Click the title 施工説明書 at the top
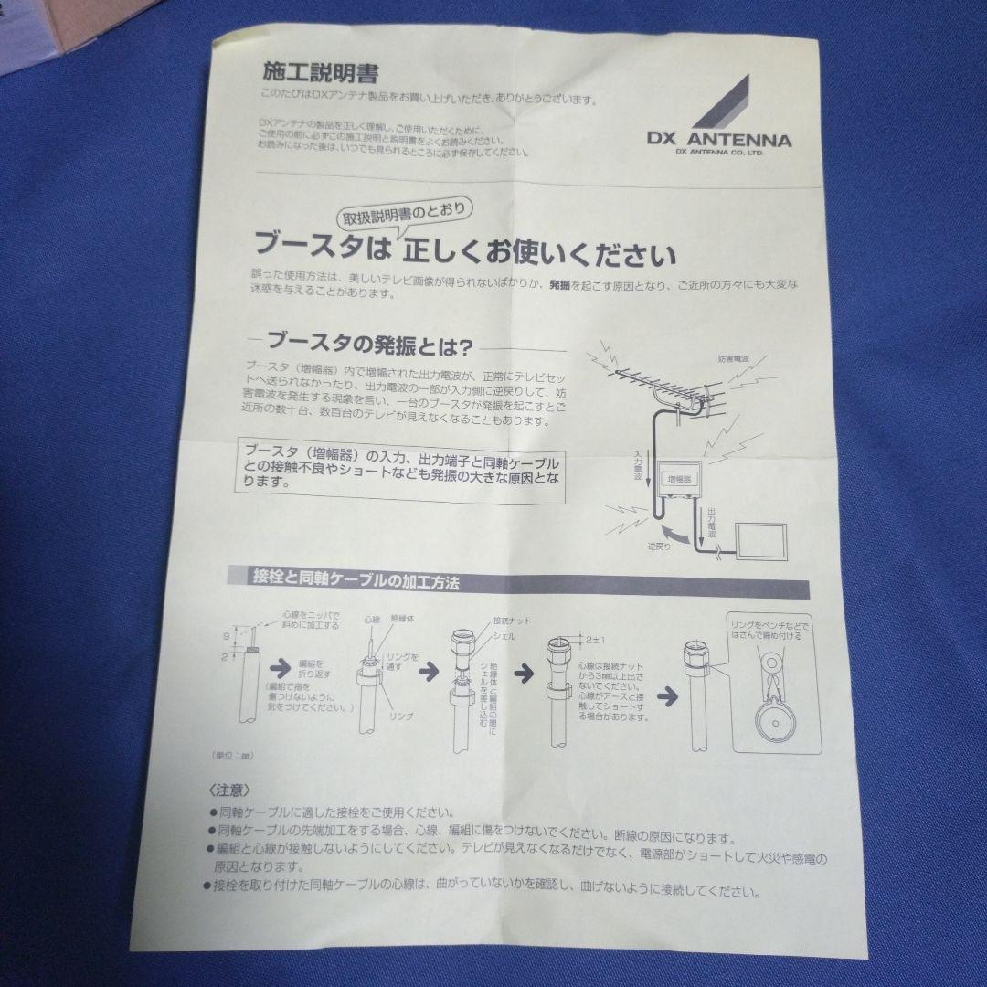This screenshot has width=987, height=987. (x=307, y=71)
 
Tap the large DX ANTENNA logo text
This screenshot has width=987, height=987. (x=718, y=140)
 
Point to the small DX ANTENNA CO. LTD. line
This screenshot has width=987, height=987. (x=719, y=153)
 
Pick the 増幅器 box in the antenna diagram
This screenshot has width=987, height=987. (x=678, y=478)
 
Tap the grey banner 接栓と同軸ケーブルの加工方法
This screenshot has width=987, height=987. (x=356, y=578)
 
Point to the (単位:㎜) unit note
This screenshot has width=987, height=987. (x=232, y=757)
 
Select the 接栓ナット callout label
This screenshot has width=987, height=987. (x=512, y=621)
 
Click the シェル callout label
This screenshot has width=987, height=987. (x=504, y=635)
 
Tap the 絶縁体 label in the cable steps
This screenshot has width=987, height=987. (x=402, y=620)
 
